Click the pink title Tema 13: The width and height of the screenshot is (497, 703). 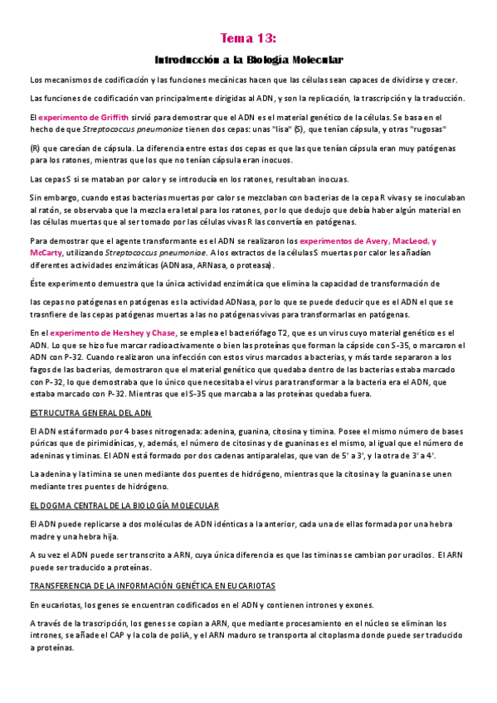click(248, 38)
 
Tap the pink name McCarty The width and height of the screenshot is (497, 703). click(45, 252)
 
